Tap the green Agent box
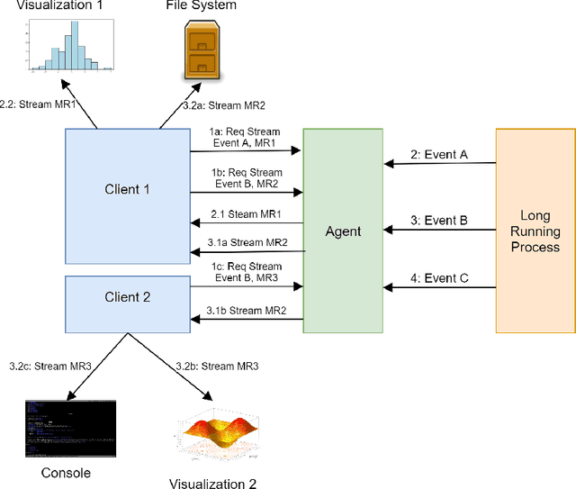point(343,231)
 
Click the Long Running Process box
point(535,231)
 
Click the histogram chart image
point(69,45)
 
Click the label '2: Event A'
point(440,154)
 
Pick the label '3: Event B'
point(440,220)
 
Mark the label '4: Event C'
point(440,278)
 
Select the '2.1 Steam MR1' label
point(245,213)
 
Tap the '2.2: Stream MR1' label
point(37,104)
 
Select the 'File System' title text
point(201,6)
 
